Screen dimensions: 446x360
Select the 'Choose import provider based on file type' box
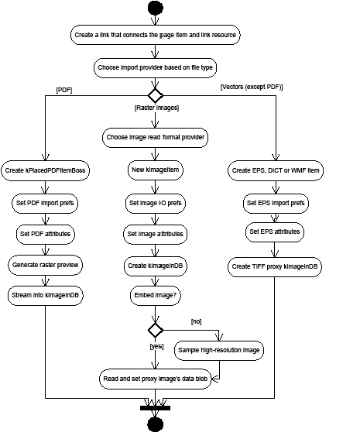(x=156, y=67)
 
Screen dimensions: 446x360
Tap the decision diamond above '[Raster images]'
(x=156, y=95)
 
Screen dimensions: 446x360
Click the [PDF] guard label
(x=64, y=90)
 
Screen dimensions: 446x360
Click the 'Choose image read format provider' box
(x=156, y=137)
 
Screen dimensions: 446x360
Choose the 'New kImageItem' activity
(x=156, y=170)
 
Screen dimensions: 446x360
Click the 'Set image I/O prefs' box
(x=156, y=204)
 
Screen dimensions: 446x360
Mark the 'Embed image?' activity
(x=156, y=295)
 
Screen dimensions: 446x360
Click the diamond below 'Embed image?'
(x=156, y=329)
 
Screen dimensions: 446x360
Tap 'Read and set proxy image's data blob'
(x=156, y=379)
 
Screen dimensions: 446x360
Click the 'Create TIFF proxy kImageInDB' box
(x=275, y=266)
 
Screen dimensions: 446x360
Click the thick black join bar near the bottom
(x=156, y=407)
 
